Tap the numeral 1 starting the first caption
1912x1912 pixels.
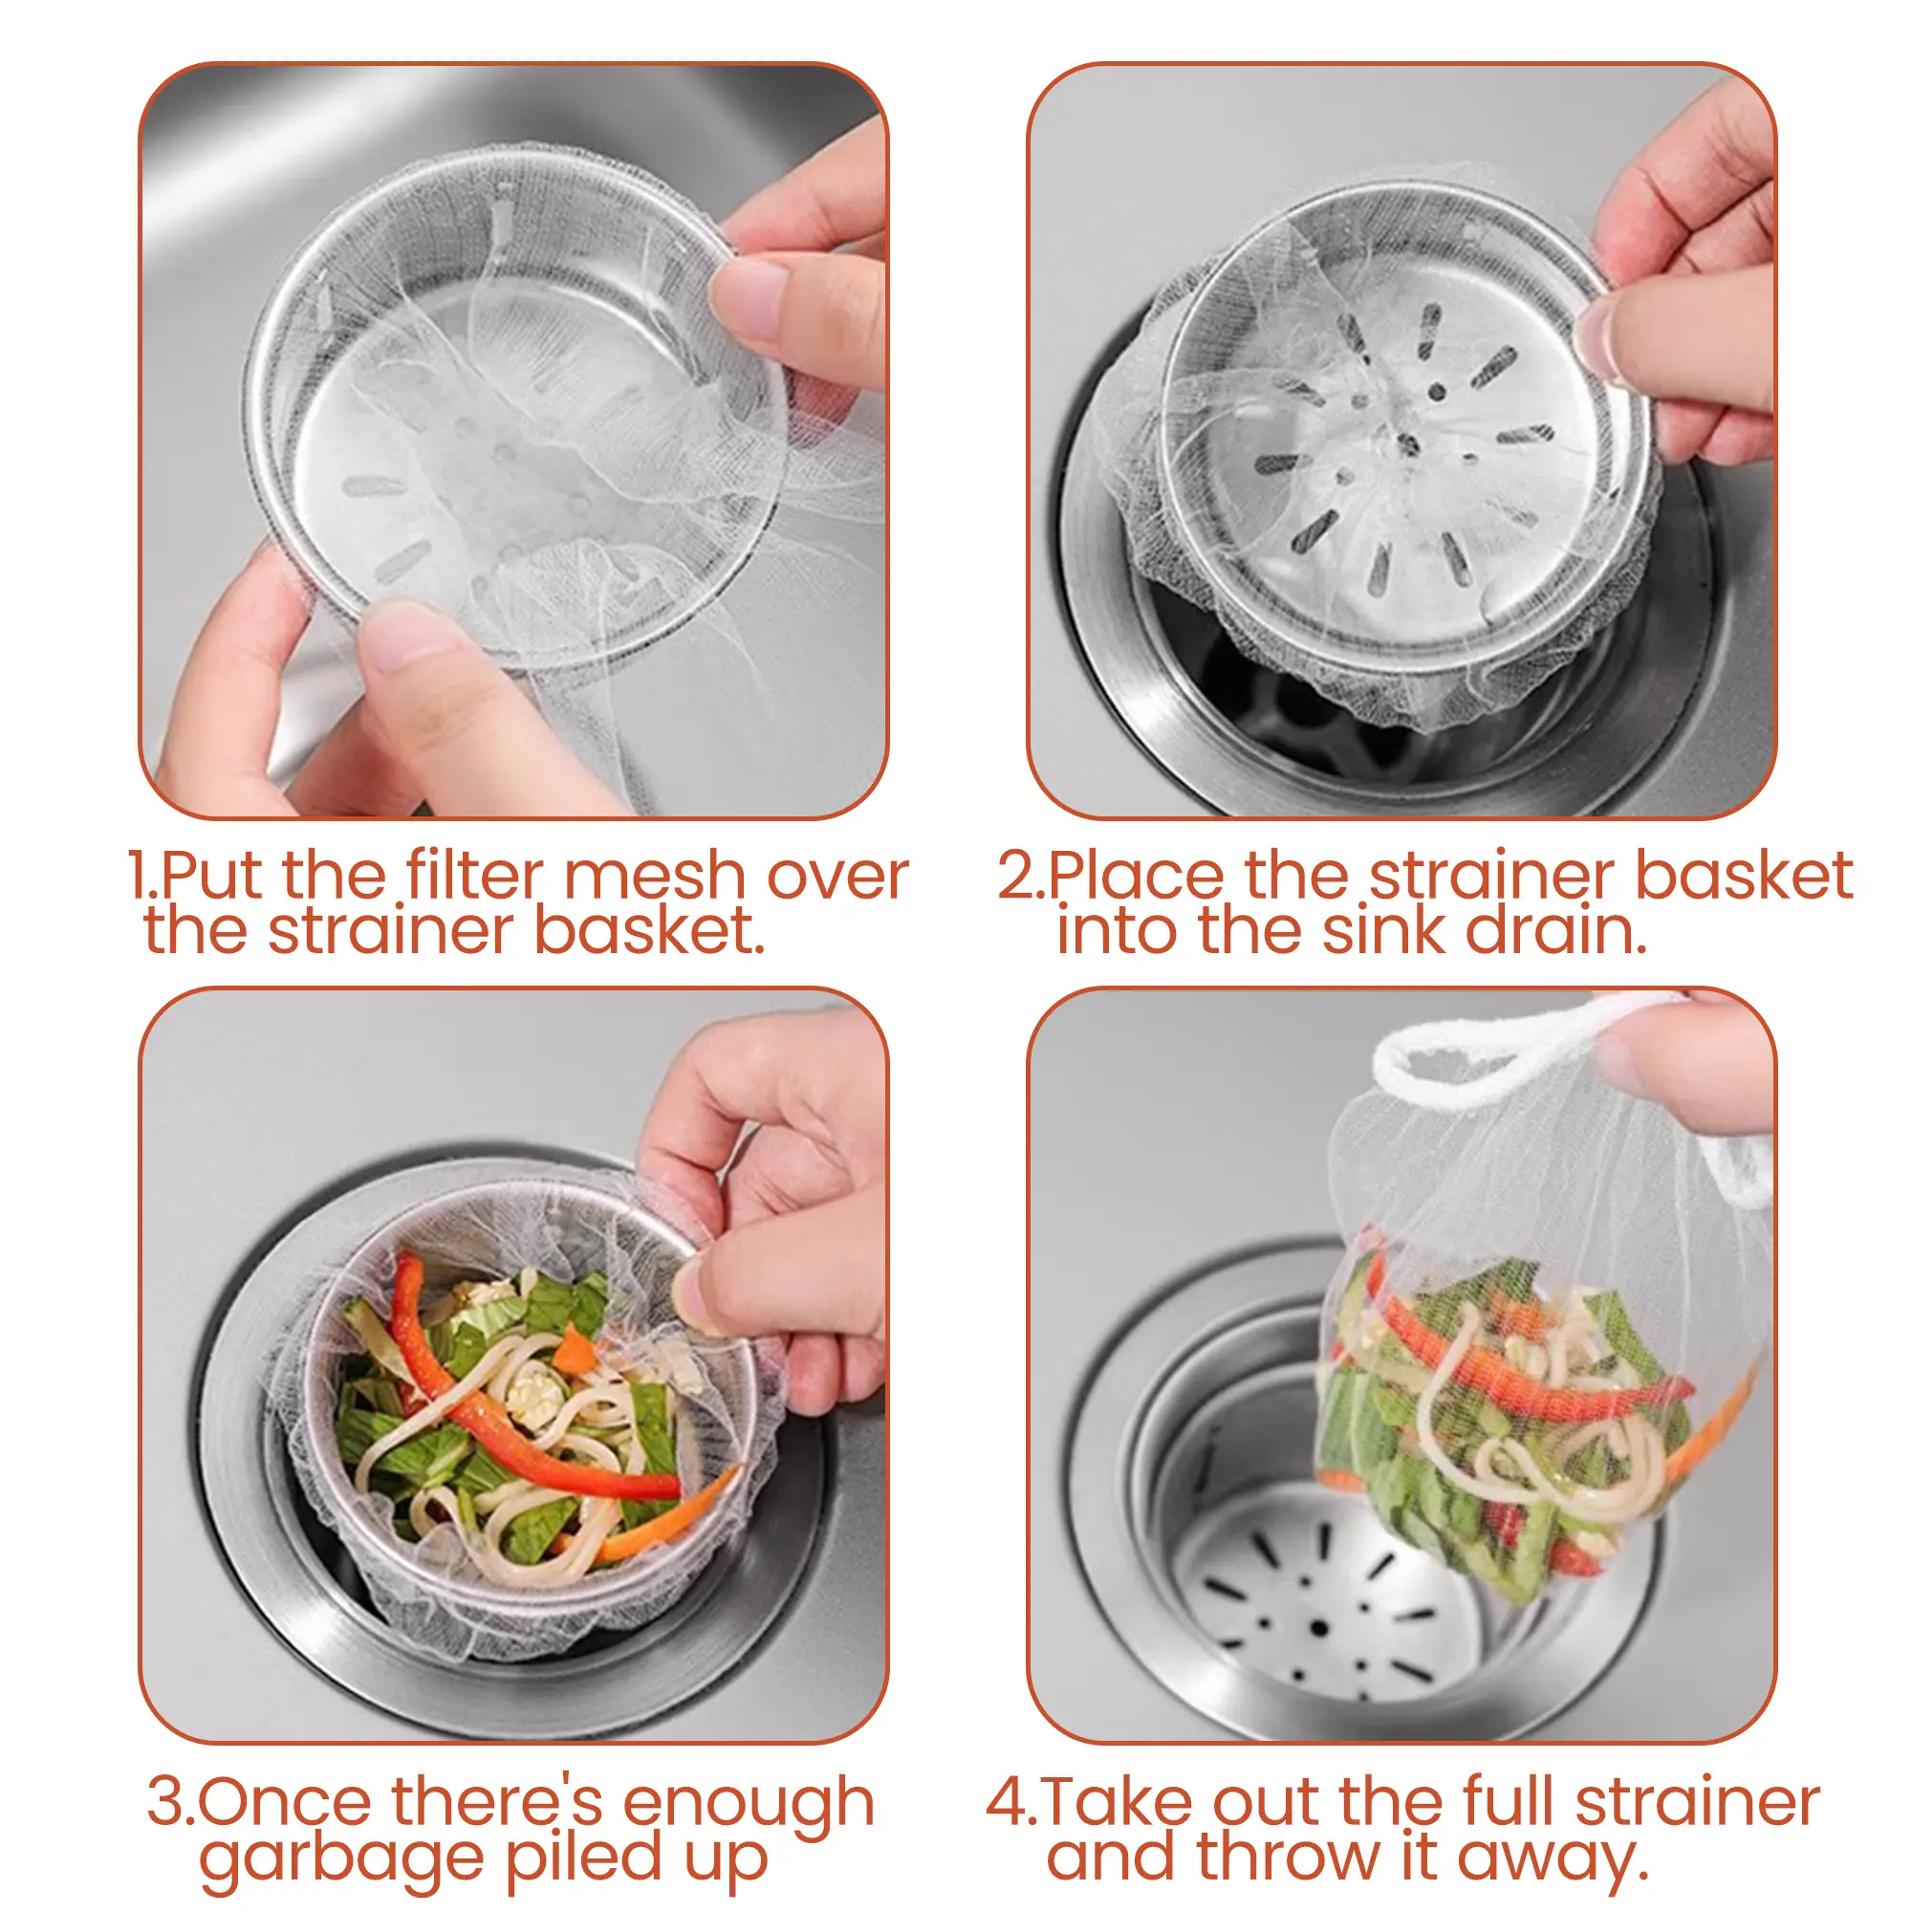(138, 877)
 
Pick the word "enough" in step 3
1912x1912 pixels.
(750, 1804)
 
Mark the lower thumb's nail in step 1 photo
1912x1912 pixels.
(408, 648)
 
